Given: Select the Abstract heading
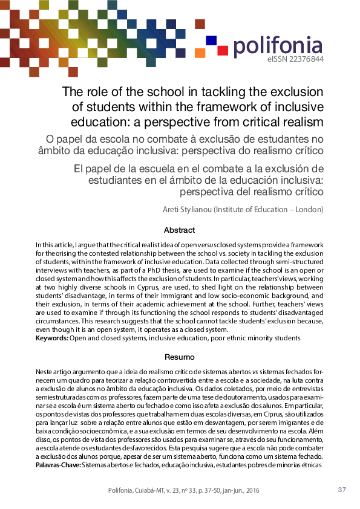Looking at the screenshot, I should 180,230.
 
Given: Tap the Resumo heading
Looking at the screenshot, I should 180,358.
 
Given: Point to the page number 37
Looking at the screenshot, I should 341,490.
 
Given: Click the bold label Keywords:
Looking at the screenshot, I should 52,339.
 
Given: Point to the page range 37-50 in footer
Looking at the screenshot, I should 217,490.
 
